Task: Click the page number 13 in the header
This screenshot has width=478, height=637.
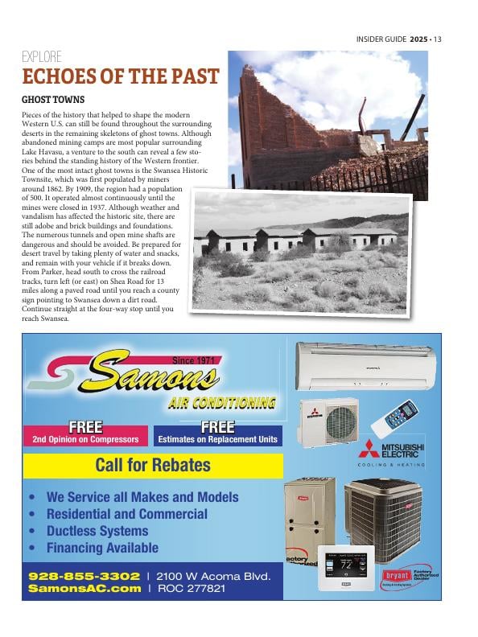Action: point(438,39)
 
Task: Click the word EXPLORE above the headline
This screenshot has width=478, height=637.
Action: point(41,57)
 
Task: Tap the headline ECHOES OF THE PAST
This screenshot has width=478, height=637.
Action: point(120,76)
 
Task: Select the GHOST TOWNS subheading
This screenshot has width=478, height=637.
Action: point(52,100)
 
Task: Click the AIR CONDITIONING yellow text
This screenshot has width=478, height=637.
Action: point(222,403)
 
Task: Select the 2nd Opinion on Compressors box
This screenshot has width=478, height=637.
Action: point(85,434)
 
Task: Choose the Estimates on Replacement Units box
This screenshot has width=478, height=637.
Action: point(217,434)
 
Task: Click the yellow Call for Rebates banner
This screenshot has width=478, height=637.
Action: point(153,465)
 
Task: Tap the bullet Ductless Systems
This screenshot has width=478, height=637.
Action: point(97,531)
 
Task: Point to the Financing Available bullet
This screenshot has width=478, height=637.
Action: point(102,548)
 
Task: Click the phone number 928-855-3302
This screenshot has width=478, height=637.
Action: point(84,577)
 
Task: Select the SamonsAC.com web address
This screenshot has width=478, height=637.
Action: point(84,589)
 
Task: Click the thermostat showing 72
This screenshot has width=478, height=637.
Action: point(346,567)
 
